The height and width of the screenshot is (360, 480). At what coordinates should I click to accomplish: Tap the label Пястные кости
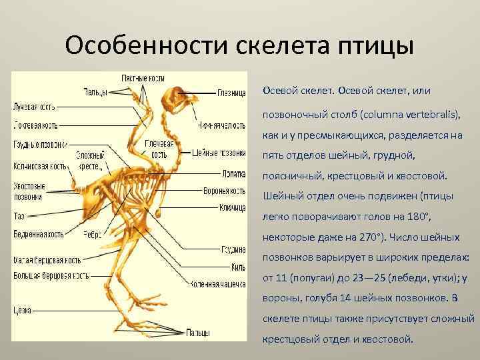143,79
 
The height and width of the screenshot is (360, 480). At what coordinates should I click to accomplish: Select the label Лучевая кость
34,106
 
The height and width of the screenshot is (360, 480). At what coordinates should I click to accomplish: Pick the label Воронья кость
225,191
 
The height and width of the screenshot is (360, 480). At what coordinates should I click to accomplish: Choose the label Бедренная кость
38,234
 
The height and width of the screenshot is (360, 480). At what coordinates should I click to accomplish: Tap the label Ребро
92,235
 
